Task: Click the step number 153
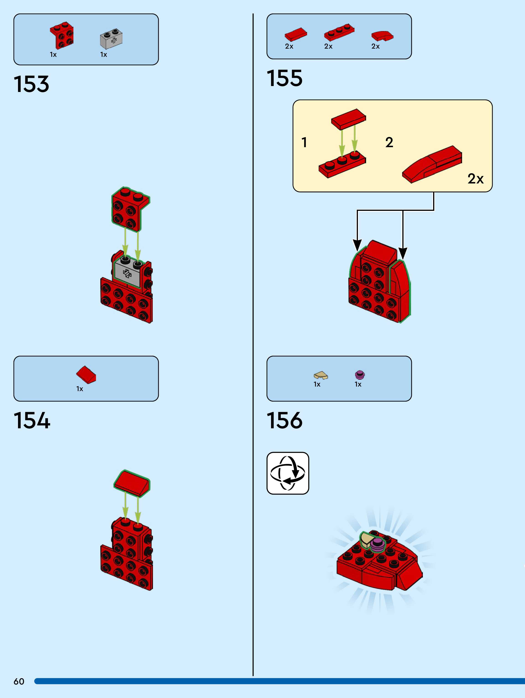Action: click(x=31, y=84)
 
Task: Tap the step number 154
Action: click(x=32, y=420)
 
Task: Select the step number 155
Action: click(x=284, y=78)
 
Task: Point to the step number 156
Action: click(x=284, y=420)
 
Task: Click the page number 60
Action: click(x=19, y=681)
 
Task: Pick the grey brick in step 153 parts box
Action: click(x=111, y=39)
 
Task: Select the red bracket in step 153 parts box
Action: click(x=62, y=35)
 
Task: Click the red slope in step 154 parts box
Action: click(x=86, y=375)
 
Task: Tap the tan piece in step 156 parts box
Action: click(x=321, y=375)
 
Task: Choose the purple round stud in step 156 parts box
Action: click(x=360, y=375)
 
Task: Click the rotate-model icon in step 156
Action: click(x=287, y=473)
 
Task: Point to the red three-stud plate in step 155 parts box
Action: click(x=339, y=32)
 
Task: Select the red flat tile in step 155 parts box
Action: click(x=295, y=34)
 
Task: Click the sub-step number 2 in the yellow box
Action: click(x=389, y=143)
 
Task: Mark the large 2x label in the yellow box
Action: click(x=475, y=179)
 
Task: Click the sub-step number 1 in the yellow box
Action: click(x=304, y=143)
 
